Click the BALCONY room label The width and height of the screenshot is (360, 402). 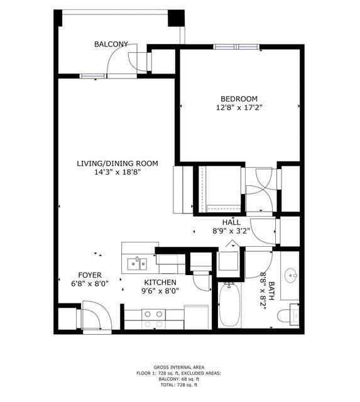pyautogui.click(x=111, y=44)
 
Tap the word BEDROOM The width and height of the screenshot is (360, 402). pyautogui.click(x=239, y=99)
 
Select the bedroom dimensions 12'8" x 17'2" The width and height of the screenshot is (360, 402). pyautogui.click(x=239, y=108)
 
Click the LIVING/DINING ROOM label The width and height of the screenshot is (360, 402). pyautogui.click(x=117, y=163)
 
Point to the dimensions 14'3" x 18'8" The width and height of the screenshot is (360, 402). pyautogui.click(x=117, y=172)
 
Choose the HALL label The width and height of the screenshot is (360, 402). pyautogui.click(x=231, y=222)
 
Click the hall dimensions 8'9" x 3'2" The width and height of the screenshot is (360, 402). pyautogui.click(x=231, y=231)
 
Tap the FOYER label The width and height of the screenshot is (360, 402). pyautogui.click(x=90, y=275)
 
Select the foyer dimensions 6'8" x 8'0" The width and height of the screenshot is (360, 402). pyautogui.click(x=90, y=283)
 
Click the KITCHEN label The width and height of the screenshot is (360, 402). pyautogui.click(x=161, y=283)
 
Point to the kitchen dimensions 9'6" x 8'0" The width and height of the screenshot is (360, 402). pyautogui.click(x=161, y=291)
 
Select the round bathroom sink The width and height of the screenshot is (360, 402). pyautogui.click(x=290, y=275)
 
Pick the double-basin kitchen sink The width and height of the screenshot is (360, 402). pyautogui.click(x=136, y=263)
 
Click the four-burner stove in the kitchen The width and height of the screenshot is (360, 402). pyautogui.click(x=153, y=318)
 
